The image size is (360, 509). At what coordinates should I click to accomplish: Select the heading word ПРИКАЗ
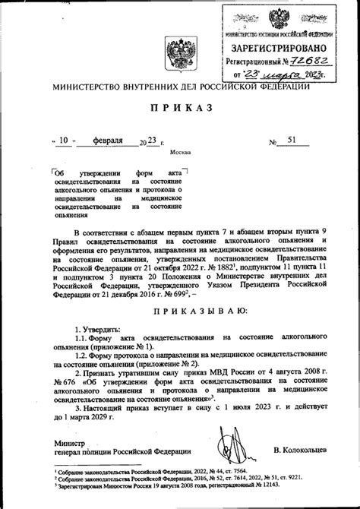[180, 111]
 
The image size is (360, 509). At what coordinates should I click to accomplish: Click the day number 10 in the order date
[66, 140]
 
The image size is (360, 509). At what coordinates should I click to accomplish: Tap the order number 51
[292, 140]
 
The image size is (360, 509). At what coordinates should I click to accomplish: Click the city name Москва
[180, 152]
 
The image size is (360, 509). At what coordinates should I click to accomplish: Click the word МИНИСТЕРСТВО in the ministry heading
[87, 87]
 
